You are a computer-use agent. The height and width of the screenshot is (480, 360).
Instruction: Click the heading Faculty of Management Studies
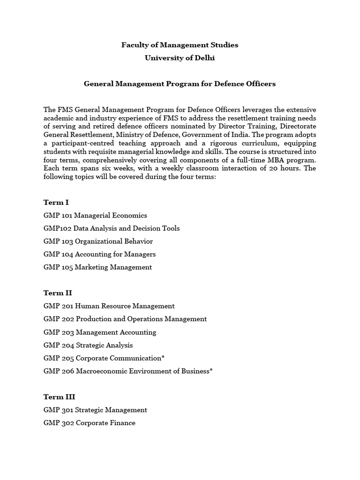180,45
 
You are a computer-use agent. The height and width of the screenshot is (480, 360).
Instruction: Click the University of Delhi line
180,58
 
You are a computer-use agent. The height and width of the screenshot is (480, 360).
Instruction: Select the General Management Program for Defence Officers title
180,84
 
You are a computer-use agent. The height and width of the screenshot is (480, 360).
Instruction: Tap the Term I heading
56,202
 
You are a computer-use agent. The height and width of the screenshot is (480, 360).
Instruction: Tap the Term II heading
57,293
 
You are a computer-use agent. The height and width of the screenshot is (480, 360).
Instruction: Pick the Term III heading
59,397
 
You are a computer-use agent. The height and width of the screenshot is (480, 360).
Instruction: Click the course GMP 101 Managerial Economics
95,216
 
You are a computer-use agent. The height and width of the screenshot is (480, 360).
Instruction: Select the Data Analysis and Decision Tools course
112,228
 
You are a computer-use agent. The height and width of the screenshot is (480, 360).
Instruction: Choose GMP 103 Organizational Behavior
98,241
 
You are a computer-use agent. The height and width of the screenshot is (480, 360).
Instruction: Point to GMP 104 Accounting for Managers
99,254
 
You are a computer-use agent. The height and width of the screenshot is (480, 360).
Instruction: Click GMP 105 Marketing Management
97,267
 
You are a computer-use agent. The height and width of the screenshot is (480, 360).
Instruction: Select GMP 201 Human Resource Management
109,306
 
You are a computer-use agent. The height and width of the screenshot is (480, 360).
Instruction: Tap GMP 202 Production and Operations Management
125,319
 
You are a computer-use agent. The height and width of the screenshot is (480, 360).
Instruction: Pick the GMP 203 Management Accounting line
100,332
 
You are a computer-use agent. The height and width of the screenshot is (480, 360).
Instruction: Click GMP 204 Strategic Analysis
88,345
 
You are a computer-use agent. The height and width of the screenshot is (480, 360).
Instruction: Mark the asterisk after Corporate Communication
163,357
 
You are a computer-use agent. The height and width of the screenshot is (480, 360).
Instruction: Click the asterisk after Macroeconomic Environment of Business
211,370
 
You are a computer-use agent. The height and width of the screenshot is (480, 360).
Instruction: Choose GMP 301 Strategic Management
95,410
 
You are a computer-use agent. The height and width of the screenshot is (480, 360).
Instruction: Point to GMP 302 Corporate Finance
89,423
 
